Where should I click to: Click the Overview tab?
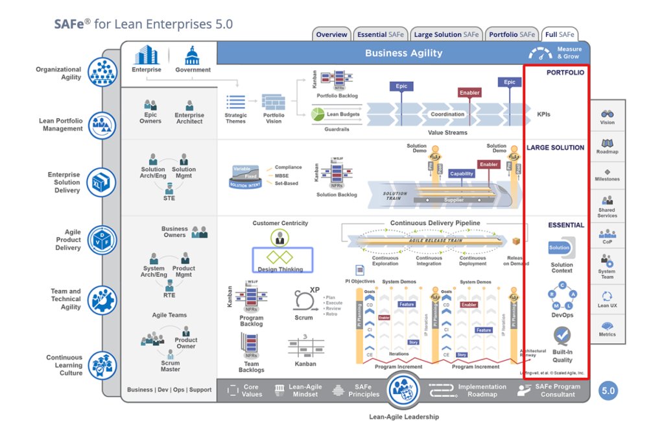331,34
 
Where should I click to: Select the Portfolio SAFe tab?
512,34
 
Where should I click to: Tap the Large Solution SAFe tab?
446,34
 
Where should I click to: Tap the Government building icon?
193,55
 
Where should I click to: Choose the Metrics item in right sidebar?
608,326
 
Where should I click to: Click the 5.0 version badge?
608,391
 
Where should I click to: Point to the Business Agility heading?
403,53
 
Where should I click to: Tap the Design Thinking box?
281,260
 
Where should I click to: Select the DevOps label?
562,315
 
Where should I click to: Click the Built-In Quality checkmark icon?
562,336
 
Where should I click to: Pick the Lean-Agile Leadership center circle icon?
405,391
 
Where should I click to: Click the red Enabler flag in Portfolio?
469,93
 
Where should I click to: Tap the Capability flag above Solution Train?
462,173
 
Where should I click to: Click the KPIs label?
543,114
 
